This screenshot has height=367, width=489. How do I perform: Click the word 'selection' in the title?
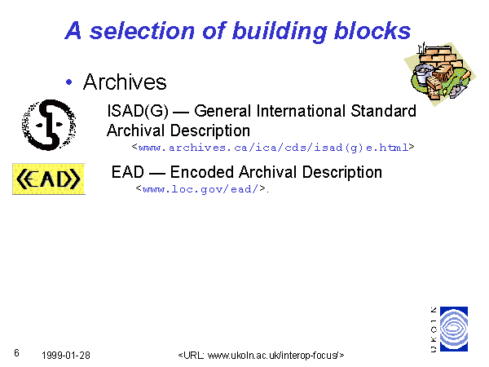[142, 31]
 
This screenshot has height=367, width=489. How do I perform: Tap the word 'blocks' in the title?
[372, 31]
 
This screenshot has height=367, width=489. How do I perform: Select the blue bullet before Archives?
[69, 82]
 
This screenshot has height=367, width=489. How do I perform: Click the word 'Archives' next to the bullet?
[125, 82]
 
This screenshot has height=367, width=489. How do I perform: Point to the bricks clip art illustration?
[440, 74]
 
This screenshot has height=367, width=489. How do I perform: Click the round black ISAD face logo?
[49, 125]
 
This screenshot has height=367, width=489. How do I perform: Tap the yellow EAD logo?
[49, 179]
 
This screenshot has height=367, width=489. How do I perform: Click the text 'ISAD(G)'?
[138, 111]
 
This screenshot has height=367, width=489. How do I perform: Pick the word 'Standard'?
[383, 111]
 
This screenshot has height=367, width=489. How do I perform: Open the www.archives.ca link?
[273, 148]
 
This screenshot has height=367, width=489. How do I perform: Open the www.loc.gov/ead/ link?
[200, 189]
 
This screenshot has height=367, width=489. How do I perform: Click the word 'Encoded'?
[202, 172]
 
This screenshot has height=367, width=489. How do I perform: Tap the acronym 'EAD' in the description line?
[128, 172]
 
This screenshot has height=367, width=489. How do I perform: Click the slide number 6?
[16, 353]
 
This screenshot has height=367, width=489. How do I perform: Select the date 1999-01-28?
[66, 355]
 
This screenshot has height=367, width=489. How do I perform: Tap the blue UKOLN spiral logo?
[454, 329]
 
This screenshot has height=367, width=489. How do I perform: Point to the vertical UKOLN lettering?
[434, 329]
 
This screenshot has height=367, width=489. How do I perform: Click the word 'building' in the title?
[280, 32]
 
